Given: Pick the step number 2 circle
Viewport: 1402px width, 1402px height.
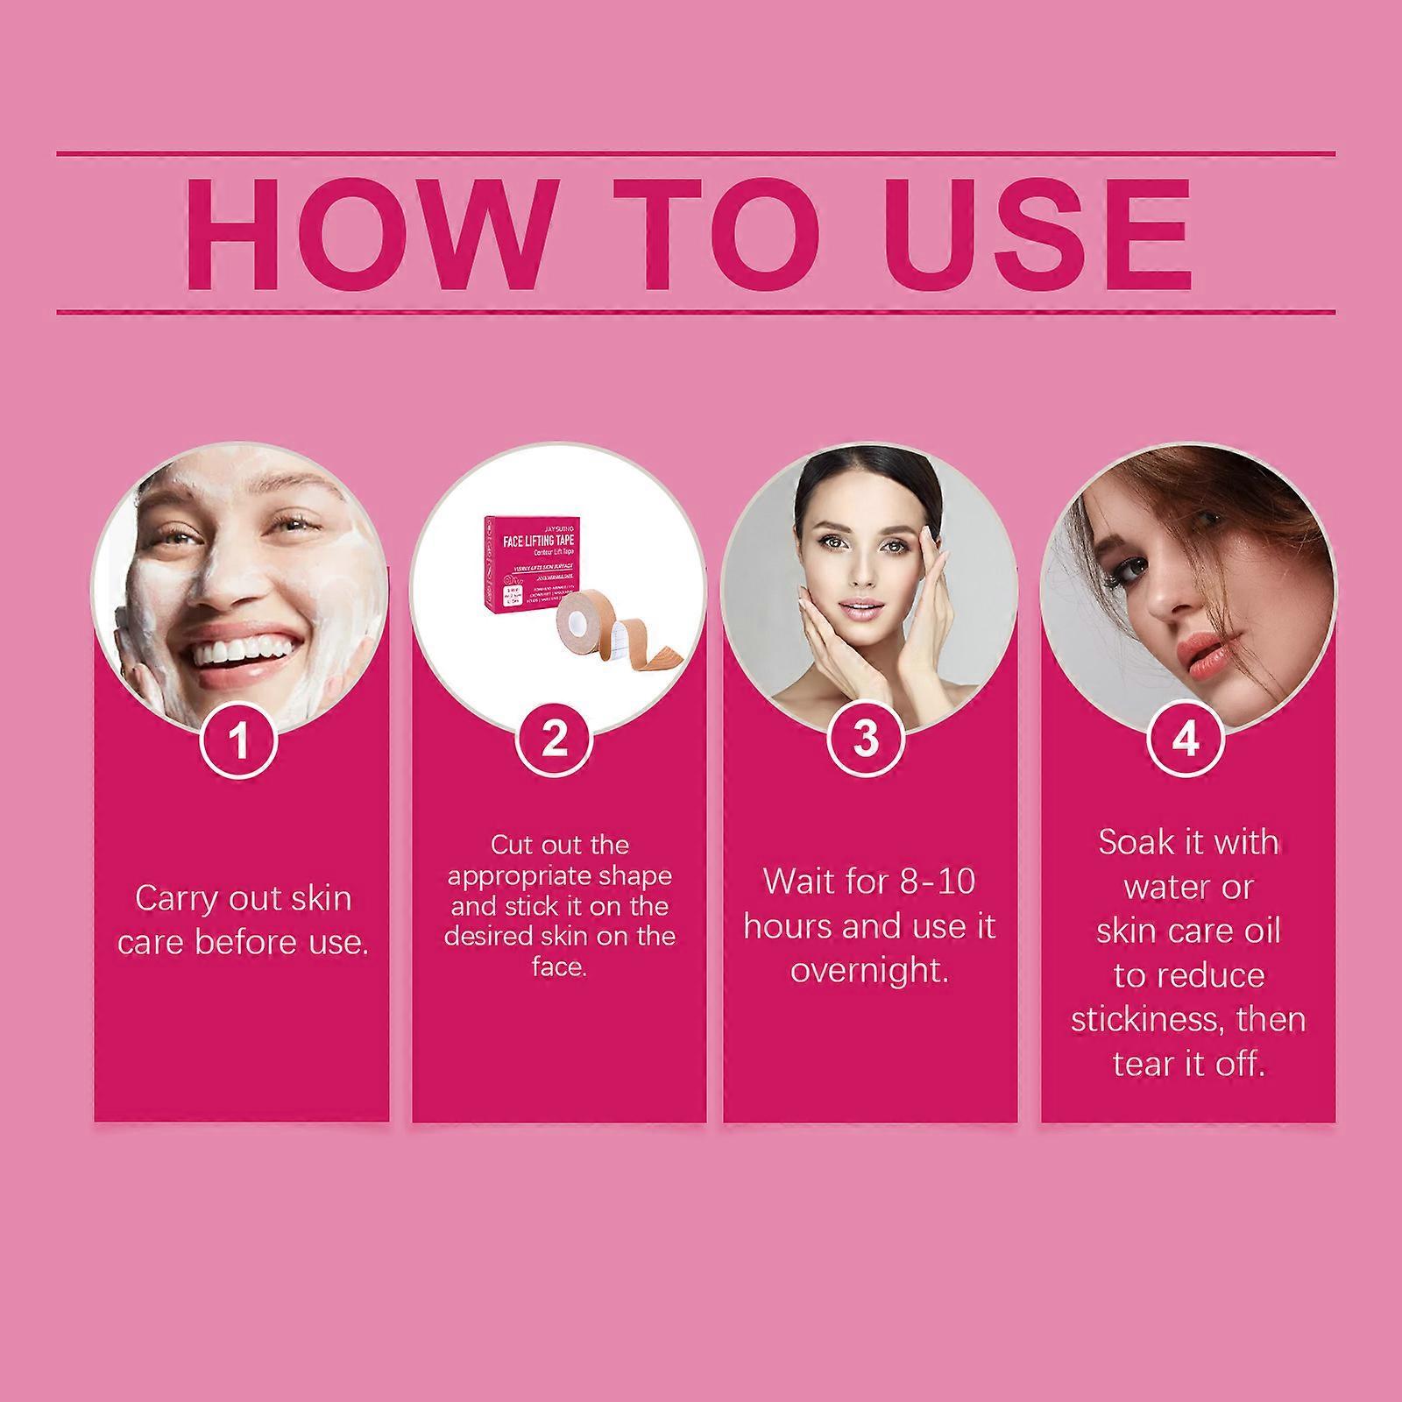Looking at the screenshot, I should click(x=555, y=740).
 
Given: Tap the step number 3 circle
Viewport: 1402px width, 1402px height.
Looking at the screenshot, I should click(x=866, y=740).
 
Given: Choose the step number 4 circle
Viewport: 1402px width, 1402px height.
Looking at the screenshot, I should click(x=1185, y=740).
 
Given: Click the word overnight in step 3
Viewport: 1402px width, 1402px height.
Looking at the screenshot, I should click(x=869, y=971).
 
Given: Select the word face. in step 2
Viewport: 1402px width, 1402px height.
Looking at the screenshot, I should click(x=558, y=967).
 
